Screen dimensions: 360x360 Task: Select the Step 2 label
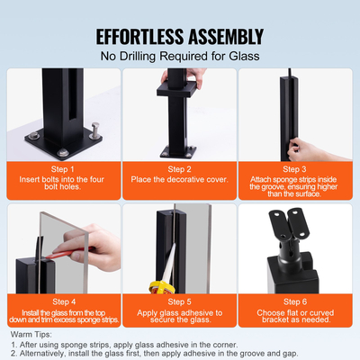(x=179, y=168)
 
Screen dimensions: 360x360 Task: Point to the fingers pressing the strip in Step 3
(x=314, y=148)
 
